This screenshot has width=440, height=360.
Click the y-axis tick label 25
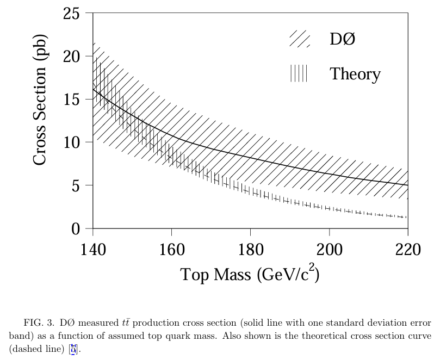[x=72, y=13]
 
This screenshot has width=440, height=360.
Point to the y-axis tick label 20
[x=72, y=56]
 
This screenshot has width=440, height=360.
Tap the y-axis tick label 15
[x=72, y=100]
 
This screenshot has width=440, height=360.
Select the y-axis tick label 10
[x=72, y=142]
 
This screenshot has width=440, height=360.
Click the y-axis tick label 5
[x=76, y=185]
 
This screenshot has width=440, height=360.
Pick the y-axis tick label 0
[x=76, y=229]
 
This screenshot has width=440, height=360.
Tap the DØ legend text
[x=342, y=39]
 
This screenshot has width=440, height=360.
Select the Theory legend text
[x=355, y=74]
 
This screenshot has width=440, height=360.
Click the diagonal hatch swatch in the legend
[x=300, y=39]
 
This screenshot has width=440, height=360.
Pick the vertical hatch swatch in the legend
[x=299, y=73]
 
